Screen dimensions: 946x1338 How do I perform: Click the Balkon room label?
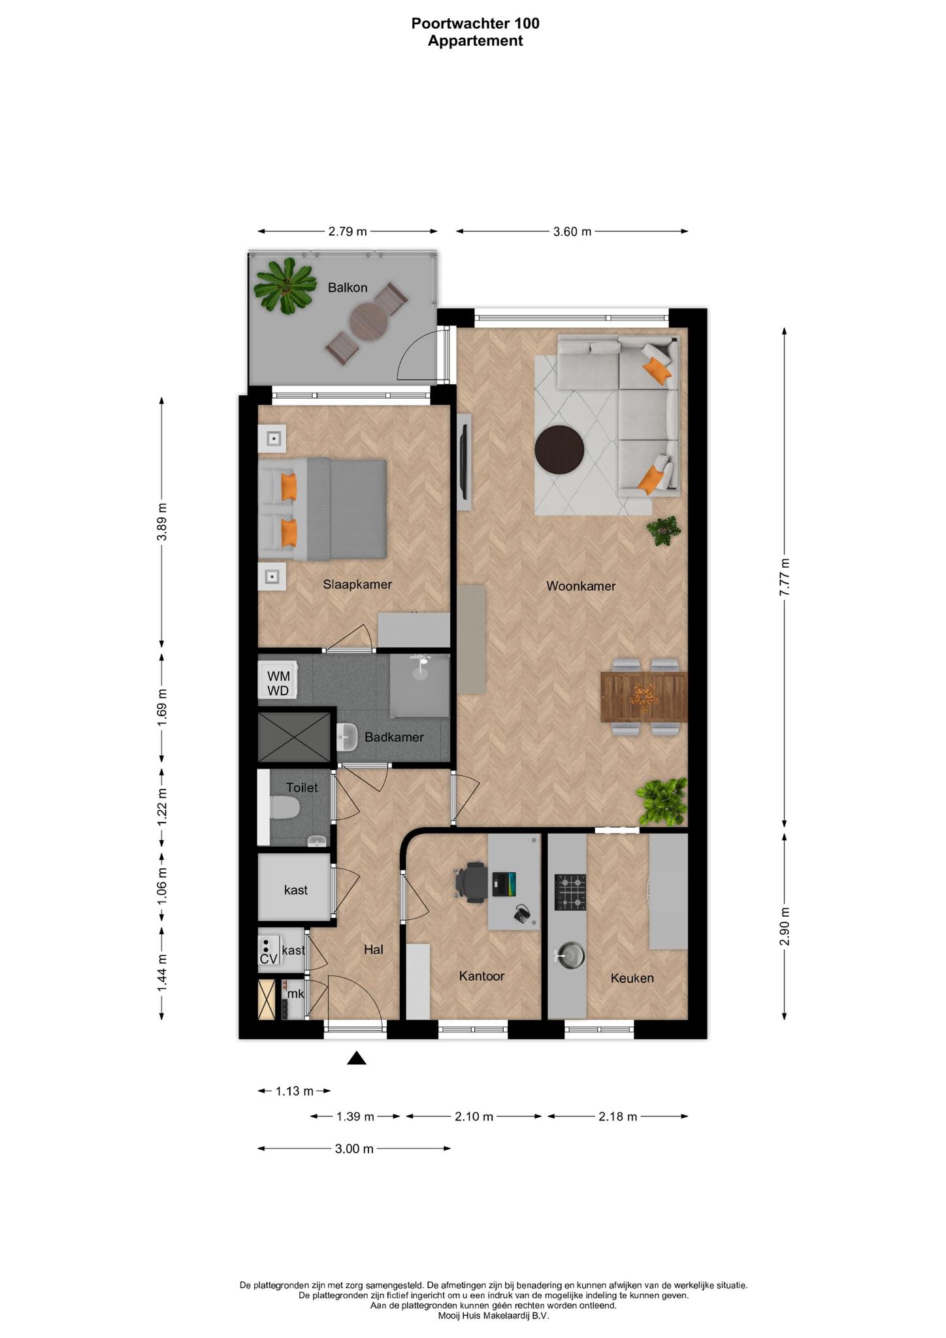[348, 287]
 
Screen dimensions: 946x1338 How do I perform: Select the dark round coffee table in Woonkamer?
[559, 449]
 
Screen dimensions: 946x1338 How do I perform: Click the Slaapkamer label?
[357, 584]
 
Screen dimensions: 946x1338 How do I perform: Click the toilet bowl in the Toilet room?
[284, 808]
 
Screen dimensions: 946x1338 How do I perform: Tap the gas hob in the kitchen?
[570, 892]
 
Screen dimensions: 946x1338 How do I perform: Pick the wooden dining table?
[644, 697]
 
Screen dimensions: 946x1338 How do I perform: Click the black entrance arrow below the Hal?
[356, 1058]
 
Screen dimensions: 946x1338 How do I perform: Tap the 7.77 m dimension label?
[785, 576]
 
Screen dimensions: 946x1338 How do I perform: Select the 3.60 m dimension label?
[572, 231]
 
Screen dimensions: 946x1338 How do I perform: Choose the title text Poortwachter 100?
[475, 24]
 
